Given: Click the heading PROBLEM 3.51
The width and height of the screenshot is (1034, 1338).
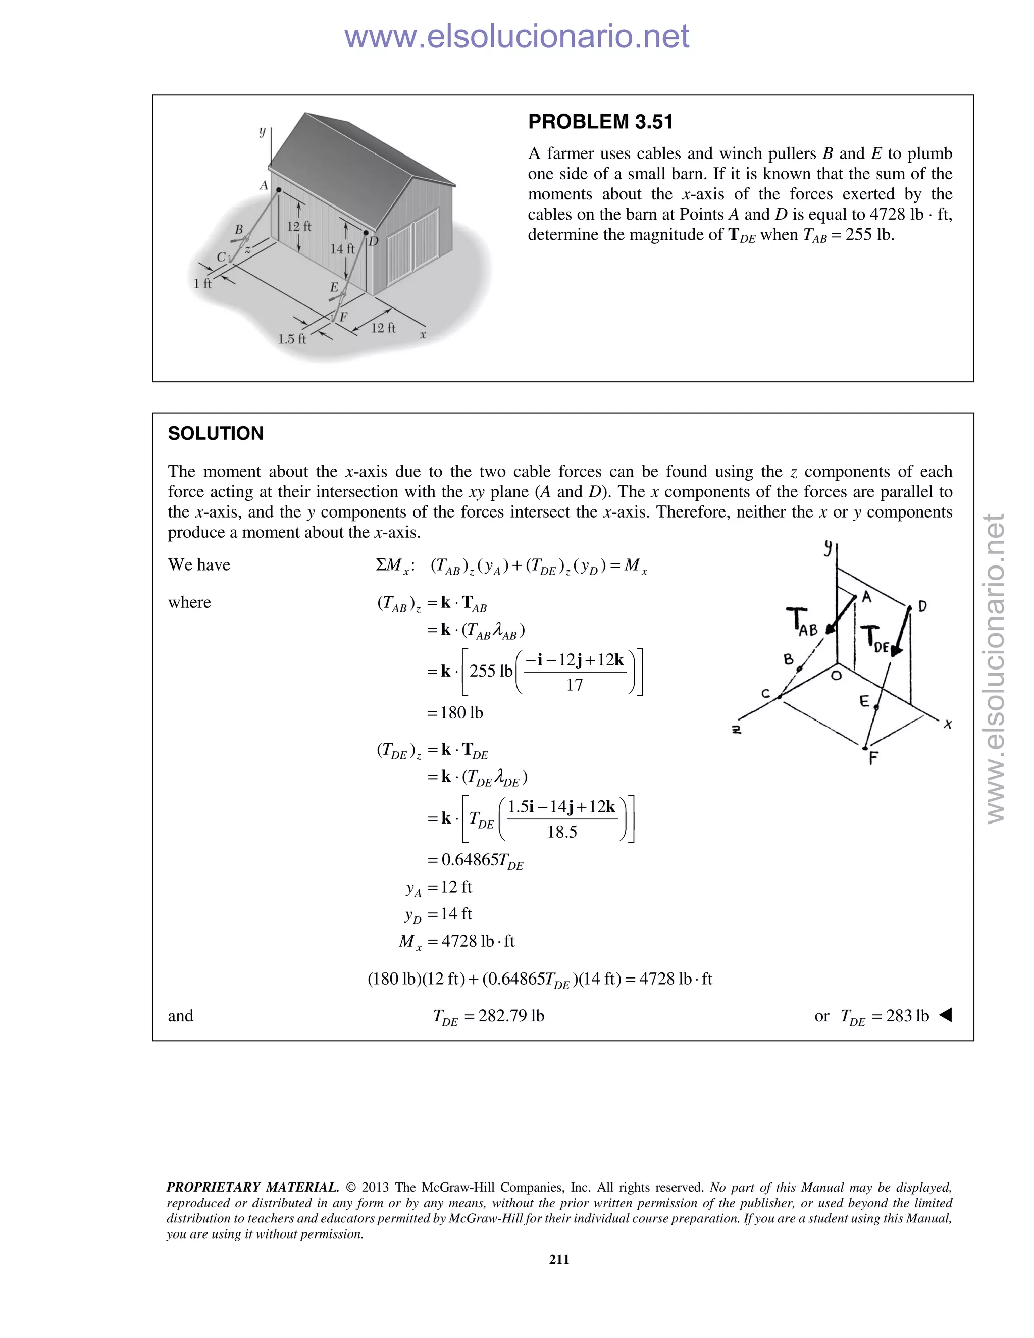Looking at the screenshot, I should click(600, 122).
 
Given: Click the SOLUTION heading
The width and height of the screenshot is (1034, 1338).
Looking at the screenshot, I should click(216, 434).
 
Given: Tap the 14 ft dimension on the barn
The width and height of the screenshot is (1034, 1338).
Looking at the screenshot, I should click(342, 249).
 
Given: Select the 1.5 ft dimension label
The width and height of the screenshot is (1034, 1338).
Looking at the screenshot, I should click(292, 339).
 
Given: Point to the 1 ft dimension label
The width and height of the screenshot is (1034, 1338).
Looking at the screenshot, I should click(202, 284).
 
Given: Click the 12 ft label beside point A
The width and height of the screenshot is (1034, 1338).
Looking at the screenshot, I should click(299, 226).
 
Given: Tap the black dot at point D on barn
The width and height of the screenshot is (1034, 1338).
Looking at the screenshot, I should click(367, 233).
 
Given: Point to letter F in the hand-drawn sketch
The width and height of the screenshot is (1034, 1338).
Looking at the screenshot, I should click(873, 758).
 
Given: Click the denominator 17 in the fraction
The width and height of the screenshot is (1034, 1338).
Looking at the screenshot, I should click(574, 685).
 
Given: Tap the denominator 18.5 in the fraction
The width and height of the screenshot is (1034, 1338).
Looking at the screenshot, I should click(562, 832).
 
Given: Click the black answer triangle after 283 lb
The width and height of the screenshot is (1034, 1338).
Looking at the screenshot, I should click(945, 1015).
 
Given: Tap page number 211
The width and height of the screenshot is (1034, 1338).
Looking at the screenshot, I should click(559, 1259).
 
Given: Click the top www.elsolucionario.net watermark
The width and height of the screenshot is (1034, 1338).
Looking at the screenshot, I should click(516, 36).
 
